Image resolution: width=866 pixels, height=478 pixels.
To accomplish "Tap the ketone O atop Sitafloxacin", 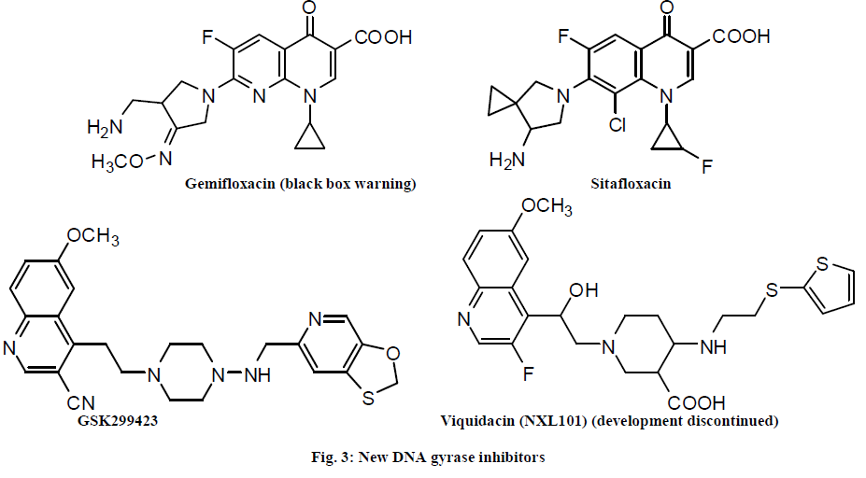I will pyautogui.click(x=664, y=9).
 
